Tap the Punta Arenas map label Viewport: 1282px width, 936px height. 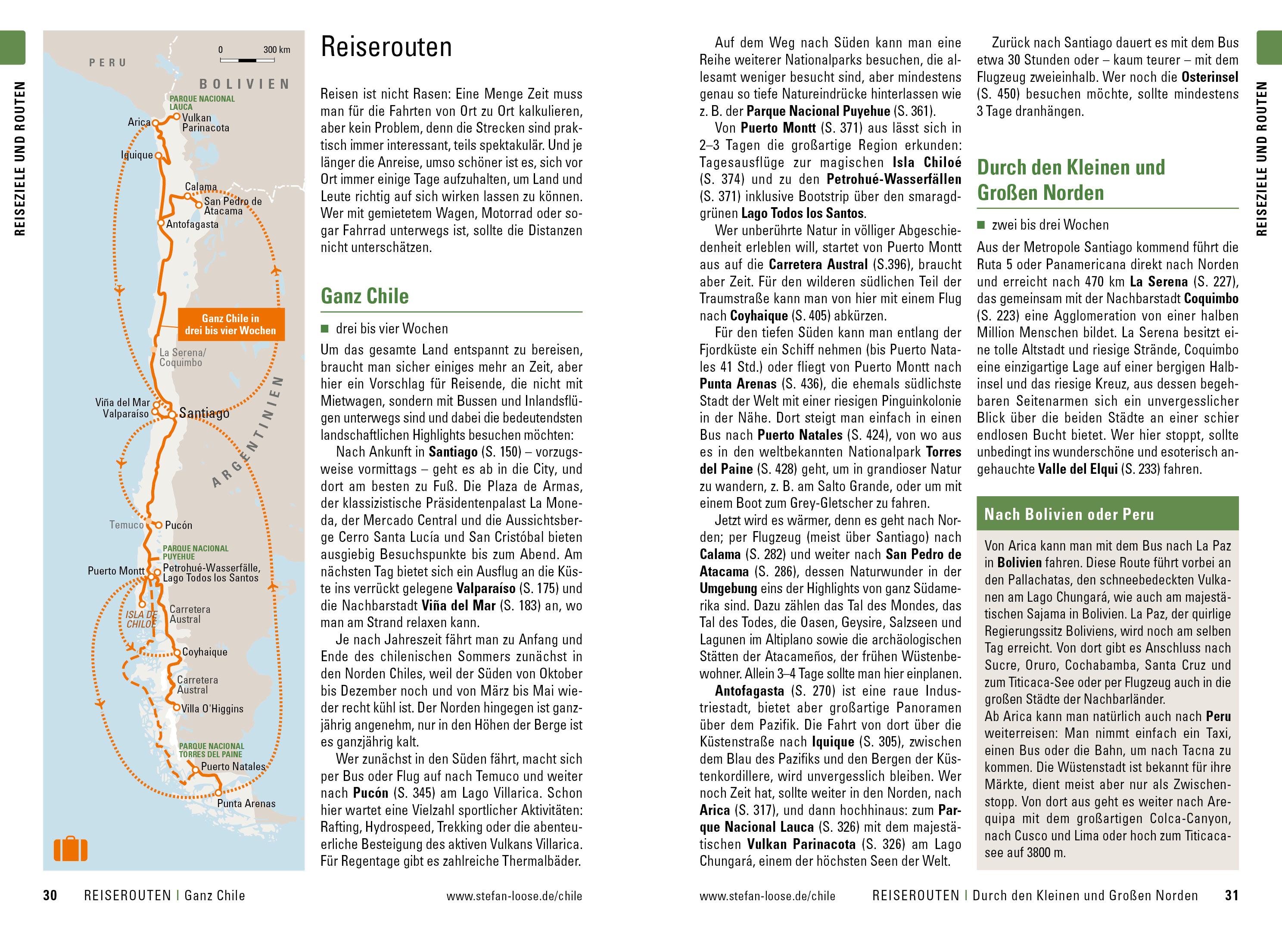246,803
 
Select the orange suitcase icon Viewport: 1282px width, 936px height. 71,849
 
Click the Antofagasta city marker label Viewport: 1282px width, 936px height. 192,224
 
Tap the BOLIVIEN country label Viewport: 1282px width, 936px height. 245,84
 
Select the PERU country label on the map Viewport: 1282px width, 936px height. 108,62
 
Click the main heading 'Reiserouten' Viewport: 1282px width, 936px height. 386,47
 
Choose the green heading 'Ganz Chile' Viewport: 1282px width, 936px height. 364,296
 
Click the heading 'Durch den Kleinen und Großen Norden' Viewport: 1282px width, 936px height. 1070,180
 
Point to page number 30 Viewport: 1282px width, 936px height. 50,895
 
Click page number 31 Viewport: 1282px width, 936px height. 1232,895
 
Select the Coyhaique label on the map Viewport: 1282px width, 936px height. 205,652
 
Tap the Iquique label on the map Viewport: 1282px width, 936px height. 137,155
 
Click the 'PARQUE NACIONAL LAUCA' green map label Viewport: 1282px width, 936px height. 202,103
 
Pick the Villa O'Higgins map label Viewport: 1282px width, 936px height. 212,709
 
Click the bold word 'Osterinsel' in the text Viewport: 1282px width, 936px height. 1210,77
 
